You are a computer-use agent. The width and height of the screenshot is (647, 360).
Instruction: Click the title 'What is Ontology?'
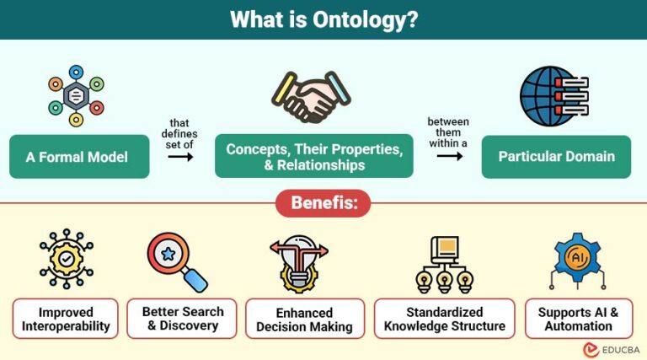(x=323, y=19)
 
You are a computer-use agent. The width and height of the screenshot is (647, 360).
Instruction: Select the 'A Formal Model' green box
(x=79, y=156)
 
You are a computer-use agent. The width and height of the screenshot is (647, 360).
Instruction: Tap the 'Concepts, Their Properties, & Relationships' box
(x=313, y=156)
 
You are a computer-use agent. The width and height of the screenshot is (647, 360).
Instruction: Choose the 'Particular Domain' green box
(x=556, y=156)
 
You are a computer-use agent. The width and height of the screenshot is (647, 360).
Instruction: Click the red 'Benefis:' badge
(x=323, y=203)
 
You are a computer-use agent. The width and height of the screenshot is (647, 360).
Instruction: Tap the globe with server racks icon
(x=551, y=96)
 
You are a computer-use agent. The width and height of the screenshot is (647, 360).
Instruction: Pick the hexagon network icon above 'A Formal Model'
(x=77, y=96)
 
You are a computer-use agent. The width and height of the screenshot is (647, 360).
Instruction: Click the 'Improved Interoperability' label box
(x=66, y=319)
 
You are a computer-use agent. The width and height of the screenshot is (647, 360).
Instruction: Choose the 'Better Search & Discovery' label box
(x=179, y=318)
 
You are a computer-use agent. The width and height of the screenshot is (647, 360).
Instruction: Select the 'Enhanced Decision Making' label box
(x=304, y=319)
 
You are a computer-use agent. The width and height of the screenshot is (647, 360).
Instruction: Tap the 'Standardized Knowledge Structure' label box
(x=444, y=319)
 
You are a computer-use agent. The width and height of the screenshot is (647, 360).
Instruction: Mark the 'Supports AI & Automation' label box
(x=578, y=319)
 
